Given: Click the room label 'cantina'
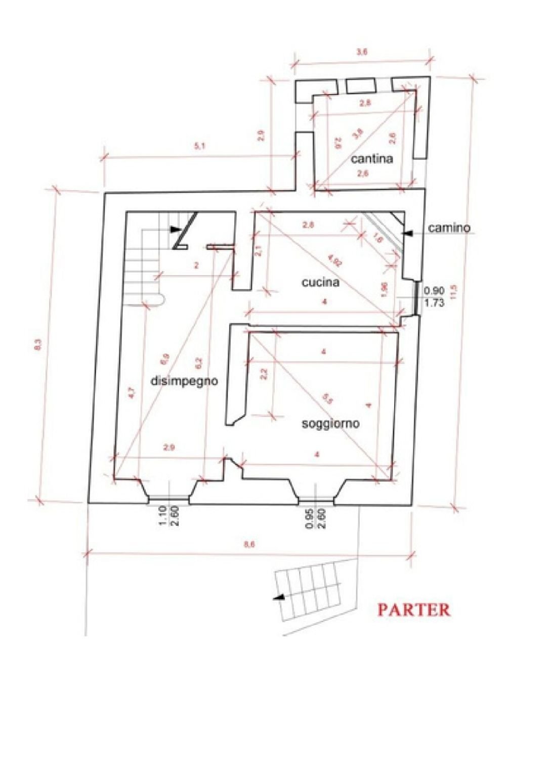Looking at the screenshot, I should pyautogui.click(x=372, y=159).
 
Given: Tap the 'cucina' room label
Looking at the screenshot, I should pyautogui.click(x=320, y=283).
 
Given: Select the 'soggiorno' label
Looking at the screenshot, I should pyautogui.click(x=330, y=424).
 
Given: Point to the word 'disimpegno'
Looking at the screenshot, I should pyautogui.click(x=185, y=381).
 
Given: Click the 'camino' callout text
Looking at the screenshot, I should pyautogui.click(x=449, y=229).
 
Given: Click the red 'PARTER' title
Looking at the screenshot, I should pyautogui.click(x=413, y=610).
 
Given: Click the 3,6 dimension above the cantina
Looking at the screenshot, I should pyautogui.click(x=361, y=52).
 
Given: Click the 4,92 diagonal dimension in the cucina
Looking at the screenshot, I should pyautogui.click(x=333, y=261).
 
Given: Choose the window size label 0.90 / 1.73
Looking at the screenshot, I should pyautogui.click(x=434, y=297).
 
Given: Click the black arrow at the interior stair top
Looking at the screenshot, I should pyautogui.click(x=175, y=229).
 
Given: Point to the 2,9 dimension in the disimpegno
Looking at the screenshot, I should pyautogui.click(x=169, y=447).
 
